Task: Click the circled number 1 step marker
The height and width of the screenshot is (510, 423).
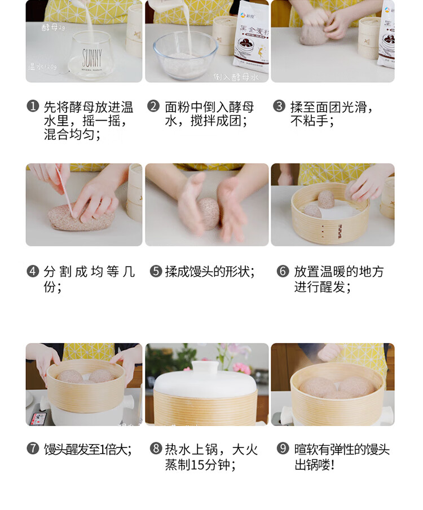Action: (x=33, y=107)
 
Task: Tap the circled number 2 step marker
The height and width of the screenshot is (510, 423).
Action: (x=153, y=107)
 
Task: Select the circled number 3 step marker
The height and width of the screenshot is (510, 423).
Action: (x=279, y=107)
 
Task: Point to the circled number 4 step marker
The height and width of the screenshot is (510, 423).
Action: (x=33, y=272)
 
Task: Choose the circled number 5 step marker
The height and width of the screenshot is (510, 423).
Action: (x=156, y=272)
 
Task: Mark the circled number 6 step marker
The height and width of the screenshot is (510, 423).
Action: (x=283, y=272)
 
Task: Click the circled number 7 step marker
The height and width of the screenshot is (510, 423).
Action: (x=33, y=449)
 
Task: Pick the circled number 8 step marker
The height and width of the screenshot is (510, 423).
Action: (x=156, y=449)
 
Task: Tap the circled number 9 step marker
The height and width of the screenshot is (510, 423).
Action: (x=283, y=449)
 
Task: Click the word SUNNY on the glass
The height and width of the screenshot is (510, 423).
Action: (x=91, y=57)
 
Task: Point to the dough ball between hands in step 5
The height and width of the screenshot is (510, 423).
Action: (x=208, y=213)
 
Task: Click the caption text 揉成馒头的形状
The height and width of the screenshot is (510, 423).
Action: (x=210, y=272)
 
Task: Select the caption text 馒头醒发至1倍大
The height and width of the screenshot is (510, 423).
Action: (x=88, y=449)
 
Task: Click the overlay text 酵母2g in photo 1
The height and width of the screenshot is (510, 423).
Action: (x=54, y=26)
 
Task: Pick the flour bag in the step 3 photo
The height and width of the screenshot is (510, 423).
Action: (x=386, y=34)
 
